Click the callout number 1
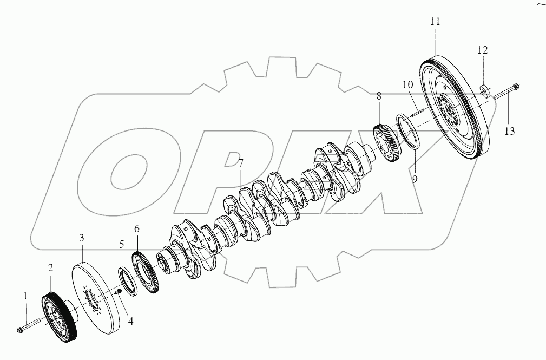25,297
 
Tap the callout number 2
50,268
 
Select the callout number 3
82,238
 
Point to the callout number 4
130,322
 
